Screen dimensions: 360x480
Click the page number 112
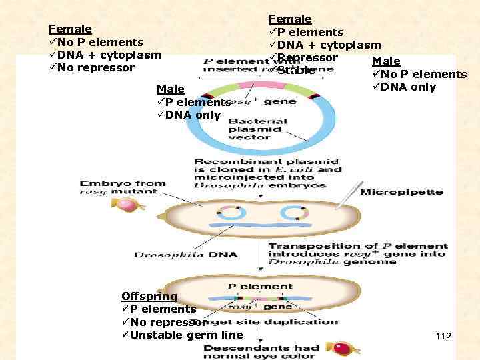pos(443,336)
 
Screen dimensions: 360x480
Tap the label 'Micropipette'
pos(401,192)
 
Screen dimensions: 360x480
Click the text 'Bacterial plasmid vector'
pos(258,129)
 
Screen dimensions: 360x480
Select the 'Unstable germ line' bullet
pos(186,334)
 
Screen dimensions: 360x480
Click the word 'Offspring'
pos(149,296)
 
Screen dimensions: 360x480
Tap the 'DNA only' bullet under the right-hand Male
pos(407,87)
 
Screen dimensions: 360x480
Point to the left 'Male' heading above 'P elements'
pos(170,89)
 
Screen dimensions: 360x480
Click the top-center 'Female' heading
pos(290,19)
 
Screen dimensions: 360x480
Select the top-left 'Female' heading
pos(70,29)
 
